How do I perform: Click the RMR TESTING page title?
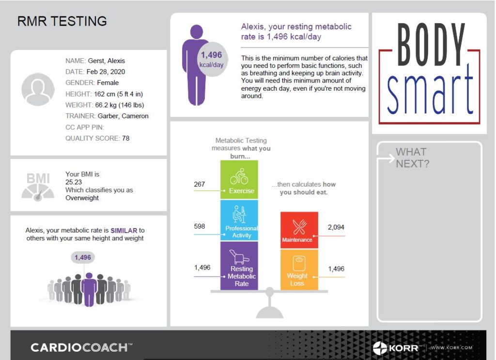62,21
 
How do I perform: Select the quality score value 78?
126,138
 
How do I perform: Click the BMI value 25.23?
75,182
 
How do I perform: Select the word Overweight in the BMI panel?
82,198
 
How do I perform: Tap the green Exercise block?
239,180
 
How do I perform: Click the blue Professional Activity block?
239,220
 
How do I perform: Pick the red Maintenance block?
299,230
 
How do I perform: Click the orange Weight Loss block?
299,269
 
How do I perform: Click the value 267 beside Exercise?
199,184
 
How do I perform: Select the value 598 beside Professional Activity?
199,226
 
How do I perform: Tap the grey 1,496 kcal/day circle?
211,60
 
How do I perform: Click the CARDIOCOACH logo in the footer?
80,347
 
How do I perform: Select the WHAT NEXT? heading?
412,157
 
